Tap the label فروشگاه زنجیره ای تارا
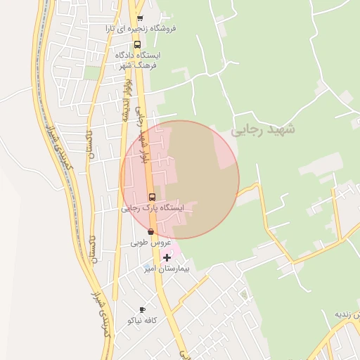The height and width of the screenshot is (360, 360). pyautogui.click(x=141, y=29)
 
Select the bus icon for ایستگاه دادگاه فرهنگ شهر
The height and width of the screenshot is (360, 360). pyautogui.click(x=137, y=44)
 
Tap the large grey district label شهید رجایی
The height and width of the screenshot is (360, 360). pyautogui.click(x=263, y=129)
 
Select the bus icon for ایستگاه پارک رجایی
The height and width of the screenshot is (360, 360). pyautogui.click(x=152, y=197)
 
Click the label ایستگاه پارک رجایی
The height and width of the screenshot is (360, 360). pyautogui.click(x=152, y=208)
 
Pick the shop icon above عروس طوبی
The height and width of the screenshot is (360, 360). pyautogui.click(x=150, y=231)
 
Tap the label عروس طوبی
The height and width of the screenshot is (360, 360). pyautogui.click(x=150, y=243)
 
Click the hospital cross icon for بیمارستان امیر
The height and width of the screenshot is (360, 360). pyautogui.click(x=167, y=257)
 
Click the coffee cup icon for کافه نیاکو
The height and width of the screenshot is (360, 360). pyautogui.click(x=142, y=309)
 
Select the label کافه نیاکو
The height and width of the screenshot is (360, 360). pyautogui.click(x=141, y=320)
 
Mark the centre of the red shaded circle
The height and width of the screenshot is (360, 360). pyautogui.click(x=180, y=179)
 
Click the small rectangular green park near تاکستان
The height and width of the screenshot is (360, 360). pyautogui.click(x=92, y=72)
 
